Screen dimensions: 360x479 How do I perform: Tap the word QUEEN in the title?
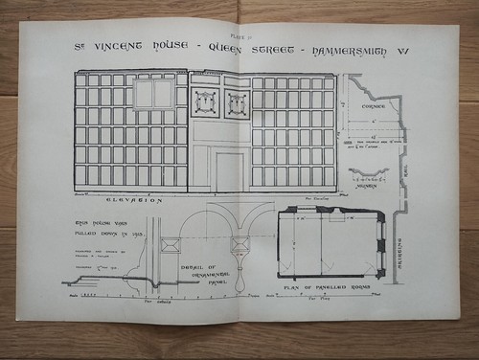pyautogui.click(x=230, y=48)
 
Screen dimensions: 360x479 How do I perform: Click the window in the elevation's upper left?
pyautogui.click(x=153, y=95)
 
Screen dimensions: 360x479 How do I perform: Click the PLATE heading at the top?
pyautogui.click(x=239, y=33)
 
